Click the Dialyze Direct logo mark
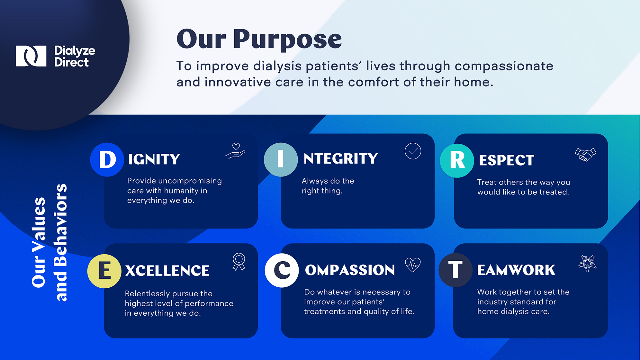click(x=31, y=56)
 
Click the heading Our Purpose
click(x=259, y=39)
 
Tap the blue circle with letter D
click(x=107, y=159)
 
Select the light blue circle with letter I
click(x=281, y=159)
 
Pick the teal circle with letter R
click(x=457, y=161)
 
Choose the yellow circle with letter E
click(x=104, y=271)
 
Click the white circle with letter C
click(x=282, y=270)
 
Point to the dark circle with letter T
click(x=455, y=270)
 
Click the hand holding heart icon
click(x=235, y=151)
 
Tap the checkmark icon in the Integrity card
click(x=413, y=151)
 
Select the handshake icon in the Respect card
click(x=585, y=154)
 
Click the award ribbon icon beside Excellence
click(x=239, y=262)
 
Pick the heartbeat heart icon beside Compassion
click(x=413, y=265)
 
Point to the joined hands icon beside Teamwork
click(x=587, y=264)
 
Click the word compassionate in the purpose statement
click(x=504, y=66)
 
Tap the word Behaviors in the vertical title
click(x=61, y=225)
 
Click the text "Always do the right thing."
click(x=328, y=186)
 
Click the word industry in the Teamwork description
click(x=492, y=302)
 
